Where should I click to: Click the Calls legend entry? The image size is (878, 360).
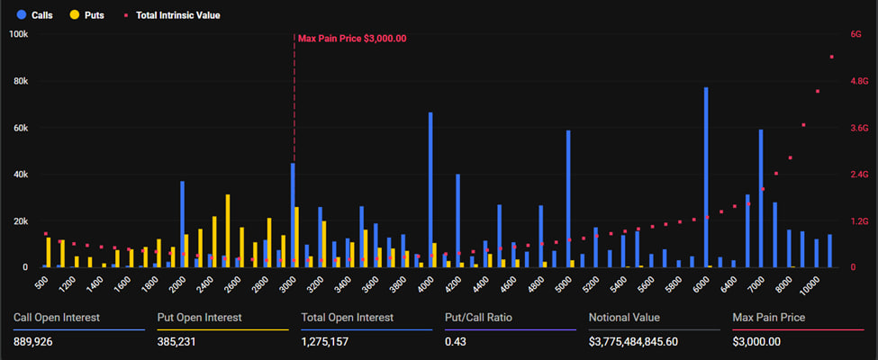[x=34, y=15]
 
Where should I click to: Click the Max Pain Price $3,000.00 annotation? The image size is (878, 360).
[x=352, y=39]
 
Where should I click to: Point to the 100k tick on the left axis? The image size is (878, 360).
[x=19, y=34]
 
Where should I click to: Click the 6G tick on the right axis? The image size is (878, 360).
[x=855, y=34]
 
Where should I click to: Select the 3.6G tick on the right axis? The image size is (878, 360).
[x=859, y=128]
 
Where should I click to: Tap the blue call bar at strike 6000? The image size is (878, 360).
[x=706, y=177]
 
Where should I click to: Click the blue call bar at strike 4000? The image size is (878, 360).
[x=430, y=190]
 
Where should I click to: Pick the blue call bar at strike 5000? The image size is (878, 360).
[x=568, y=199]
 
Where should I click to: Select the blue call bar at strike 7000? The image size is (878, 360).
[x=761, y=198]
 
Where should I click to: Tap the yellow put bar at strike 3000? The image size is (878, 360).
[x=297, y=238]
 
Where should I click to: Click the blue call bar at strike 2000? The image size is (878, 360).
[x=183, y=224]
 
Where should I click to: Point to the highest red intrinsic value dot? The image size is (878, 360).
[x=831, y=57]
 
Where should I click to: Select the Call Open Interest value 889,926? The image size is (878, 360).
[x=33, y=342]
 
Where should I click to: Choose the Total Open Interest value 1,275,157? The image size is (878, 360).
[x=324, y=342]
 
